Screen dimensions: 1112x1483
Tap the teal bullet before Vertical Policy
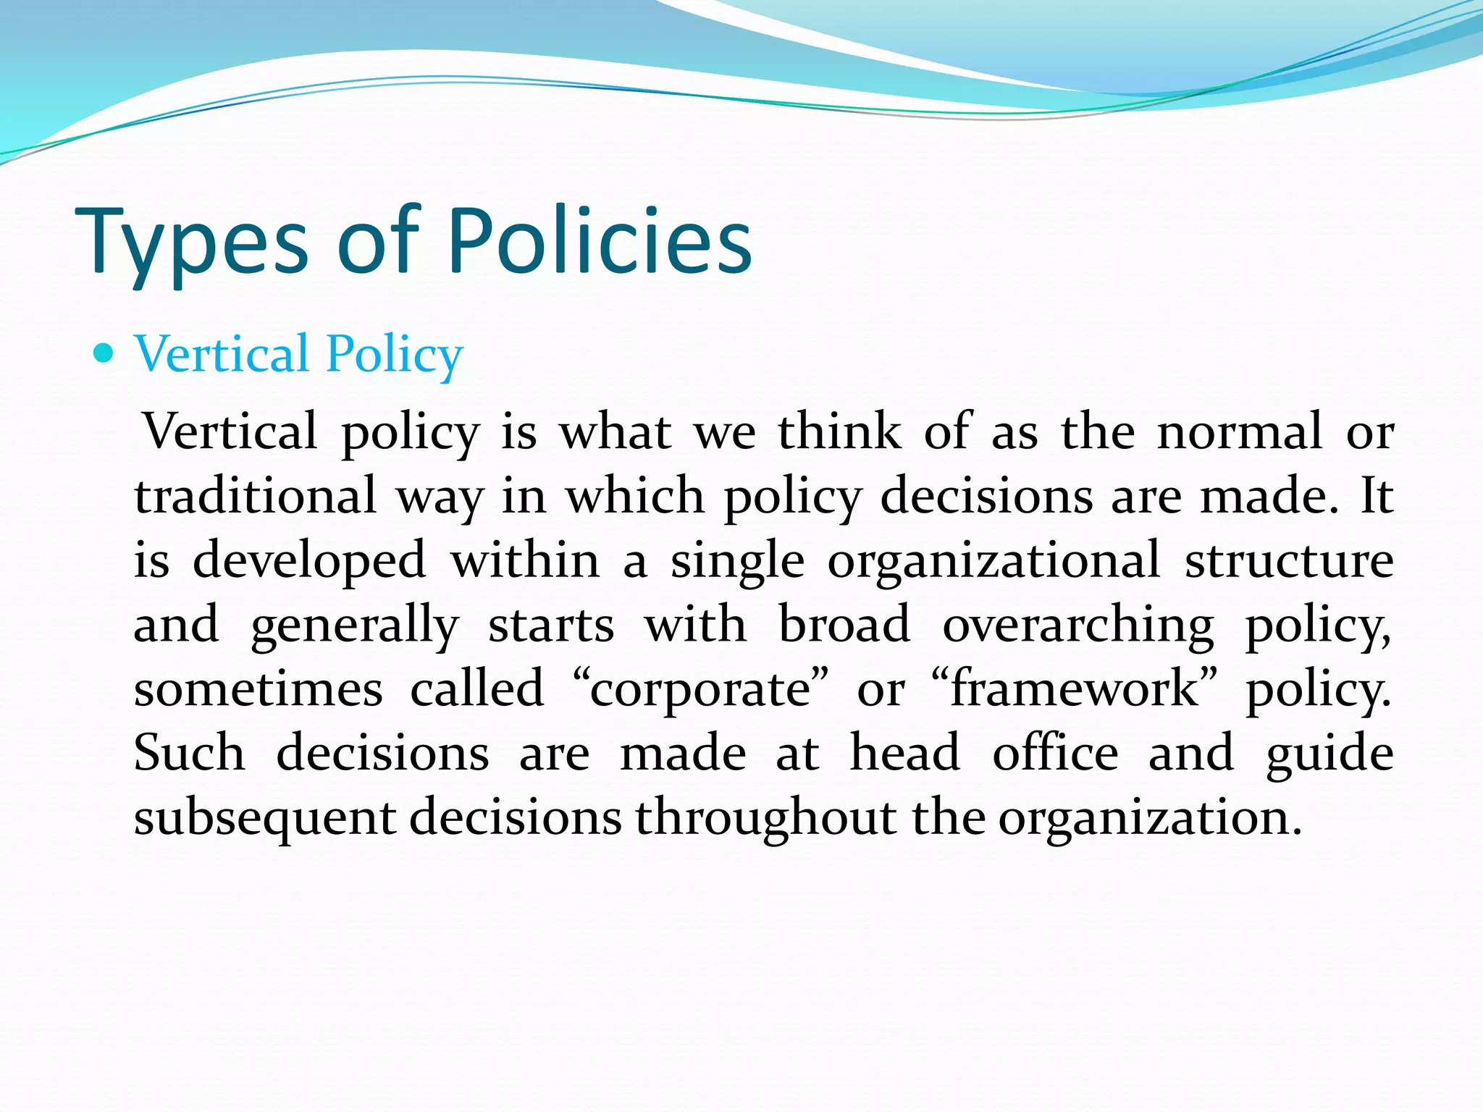coord(104,353)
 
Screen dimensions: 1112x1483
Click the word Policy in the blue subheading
coord(394,355)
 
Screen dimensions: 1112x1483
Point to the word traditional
coord(255,496)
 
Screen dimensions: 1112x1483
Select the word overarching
coord(1077,625)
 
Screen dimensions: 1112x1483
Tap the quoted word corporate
coord(700,690)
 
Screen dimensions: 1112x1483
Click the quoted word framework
coord(1075,688)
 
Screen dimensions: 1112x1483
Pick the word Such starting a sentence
coord(190,753)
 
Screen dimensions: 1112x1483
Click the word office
coord(1055,753)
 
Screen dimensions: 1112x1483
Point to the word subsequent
coord(264,818)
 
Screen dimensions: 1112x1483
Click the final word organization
coord(1150,818)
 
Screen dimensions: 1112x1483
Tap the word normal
coord(1240,432)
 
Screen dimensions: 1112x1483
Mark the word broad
coord(844,624)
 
